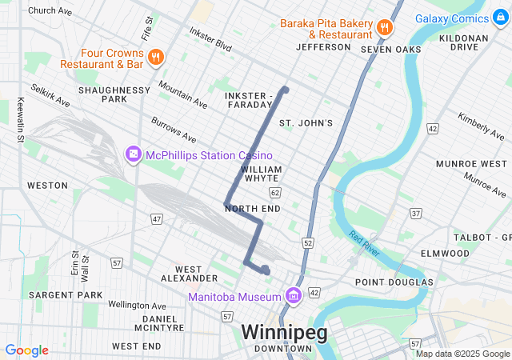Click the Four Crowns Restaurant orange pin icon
pyautogui.click(x=156, y=57)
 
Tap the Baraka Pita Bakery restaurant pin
pyautogui.click(x=385, y=27)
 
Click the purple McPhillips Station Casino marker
pyautogui.click(x=133, y=153)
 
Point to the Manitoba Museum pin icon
pyautogui.click(x=293, y=297)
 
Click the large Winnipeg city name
pyautogui.click(x=284, y=332)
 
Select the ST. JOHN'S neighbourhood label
pyautogui.click(x=305, y=123)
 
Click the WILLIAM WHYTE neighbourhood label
pyautogui.click(x=261, y=174)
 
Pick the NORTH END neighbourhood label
pyautogui.click(x=253, y=209)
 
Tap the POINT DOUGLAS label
pyautogui.click(x=394, y=282)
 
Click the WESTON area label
pyautogui.click(x=47, y=186)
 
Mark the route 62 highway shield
pyautogui.click(x=276, y=193)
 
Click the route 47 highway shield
pyautogui.click(x=157, y=218)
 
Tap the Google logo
pyautogui.click(x=26, y=350)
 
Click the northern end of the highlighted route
pyautogui.click(x=285, y=88)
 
